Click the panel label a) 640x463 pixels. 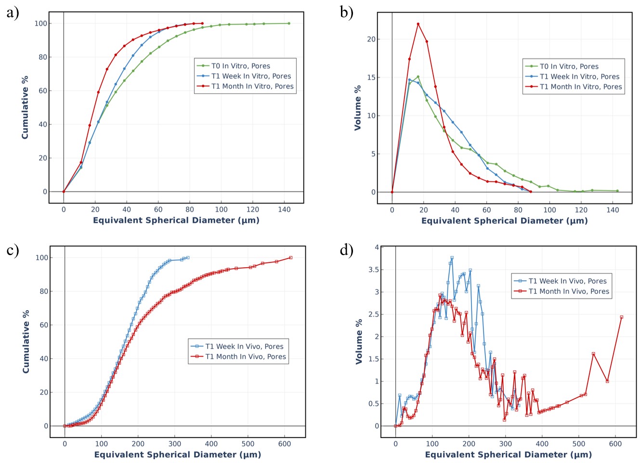click(x=13, y=13)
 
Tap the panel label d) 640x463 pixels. click(x=347, y=250)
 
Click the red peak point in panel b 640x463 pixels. click(x=418, y=24)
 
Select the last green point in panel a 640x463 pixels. click(x=289, y=23)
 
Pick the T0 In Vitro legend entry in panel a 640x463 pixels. click(x=241, y=66)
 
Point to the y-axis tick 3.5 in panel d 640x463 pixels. click(x=373, y=270)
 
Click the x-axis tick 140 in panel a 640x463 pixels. click(x=284, y=209)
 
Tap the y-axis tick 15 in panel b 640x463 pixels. click(x=371, y=78)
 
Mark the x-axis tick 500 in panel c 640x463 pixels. click(x=248, y=444)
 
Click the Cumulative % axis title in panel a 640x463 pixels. click(x=25, y=107)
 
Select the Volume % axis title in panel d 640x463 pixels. click(x=359, y=341)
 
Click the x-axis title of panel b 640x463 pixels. click(x=504, y=221)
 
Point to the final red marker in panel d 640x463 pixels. click(x=622, y=317)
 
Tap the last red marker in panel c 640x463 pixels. click(x=291, y=258)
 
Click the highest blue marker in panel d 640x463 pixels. click(x=452, y=258)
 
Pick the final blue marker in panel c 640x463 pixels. click(x=188, y=258)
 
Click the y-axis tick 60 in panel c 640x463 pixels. click(x=42, y=325)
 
